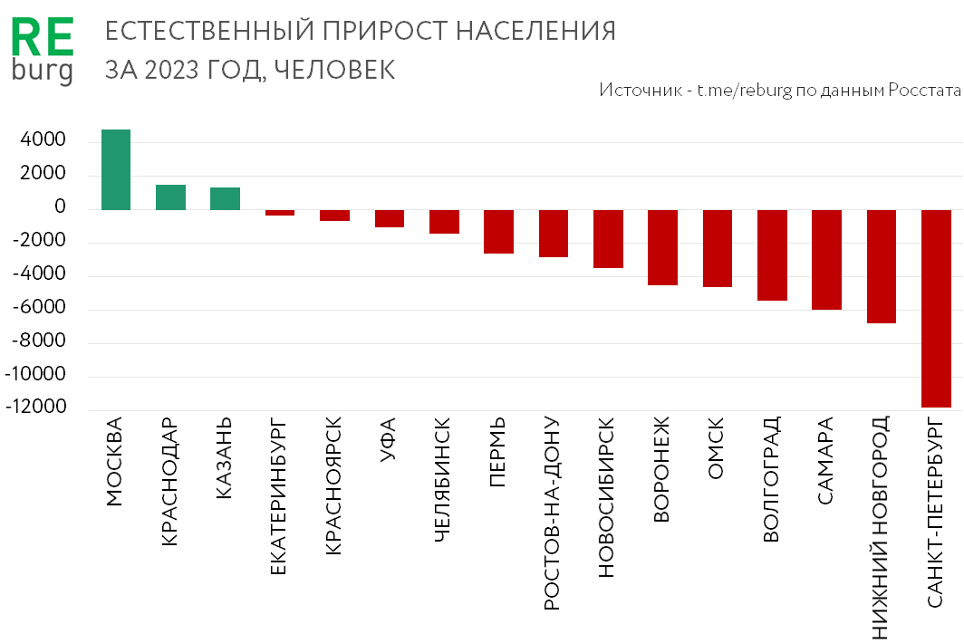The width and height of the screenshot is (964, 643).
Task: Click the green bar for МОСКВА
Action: click(x=116, y=169)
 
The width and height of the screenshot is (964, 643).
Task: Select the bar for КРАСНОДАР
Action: click(x=170, y=197)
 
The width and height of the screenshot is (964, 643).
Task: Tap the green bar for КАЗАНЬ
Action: click(x=225, y=198)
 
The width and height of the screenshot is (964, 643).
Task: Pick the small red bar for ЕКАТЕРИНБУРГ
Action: click(x=280, y=213)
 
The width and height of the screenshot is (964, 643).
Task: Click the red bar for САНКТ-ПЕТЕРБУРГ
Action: click(x=937, y=308)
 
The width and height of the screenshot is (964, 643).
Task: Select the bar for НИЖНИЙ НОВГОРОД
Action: click(x=882, y=266)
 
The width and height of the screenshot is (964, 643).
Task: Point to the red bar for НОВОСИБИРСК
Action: click(x=608, y=239)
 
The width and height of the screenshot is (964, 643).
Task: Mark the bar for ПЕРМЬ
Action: click(x=498, y=231)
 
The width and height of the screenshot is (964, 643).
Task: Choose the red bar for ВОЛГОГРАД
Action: click(x=772, y=254)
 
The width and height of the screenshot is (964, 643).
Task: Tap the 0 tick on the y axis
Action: click(x=60, y=208)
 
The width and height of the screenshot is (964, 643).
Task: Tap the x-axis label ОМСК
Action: click(x=716, y=449)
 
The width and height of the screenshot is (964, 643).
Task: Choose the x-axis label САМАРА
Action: click(x=825, y=460)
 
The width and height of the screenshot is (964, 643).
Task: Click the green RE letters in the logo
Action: click(x=42, y=41)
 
